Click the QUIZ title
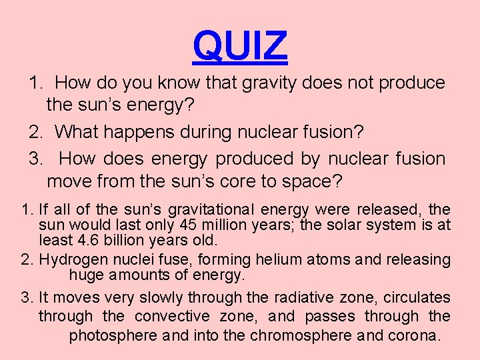pyautogui.click(x=240, y=45)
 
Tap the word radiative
pyautogui.click(x=307, y=297)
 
